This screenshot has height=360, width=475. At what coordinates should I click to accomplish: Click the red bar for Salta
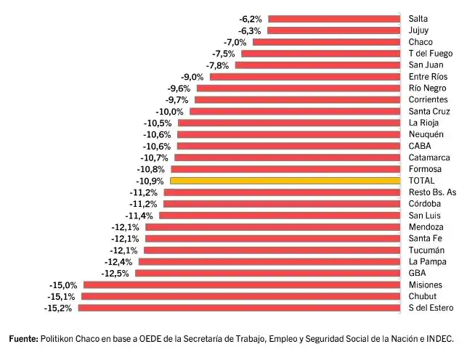pos(334,19)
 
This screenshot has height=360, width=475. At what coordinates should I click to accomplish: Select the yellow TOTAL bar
pos(285,181)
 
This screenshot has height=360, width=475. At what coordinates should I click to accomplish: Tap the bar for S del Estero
pos(239,308)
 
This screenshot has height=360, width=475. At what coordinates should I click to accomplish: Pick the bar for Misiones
pos(242,285)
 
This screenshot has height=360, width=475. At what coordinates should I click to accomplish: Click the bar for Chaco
pos(326,42)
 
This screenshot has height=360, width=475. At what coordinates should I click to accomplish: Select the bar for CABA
pos(289,146)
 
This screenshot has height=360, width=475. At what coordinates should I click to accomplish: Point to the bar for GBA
pos(267,273)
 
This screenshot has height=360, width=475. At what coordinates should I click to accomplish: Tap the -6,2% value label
pos(251,19)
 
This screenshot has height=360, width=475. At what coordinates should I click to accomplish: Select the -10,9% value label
pos(150,181)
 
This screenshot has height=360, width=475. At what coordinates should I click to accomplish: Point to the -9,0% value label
pos(192,77)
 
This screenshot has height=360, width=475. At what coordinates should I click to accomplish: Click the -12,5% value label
pos(116,273)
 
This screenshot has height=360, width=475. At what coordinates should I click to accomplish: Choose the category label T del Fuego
pos(430,54)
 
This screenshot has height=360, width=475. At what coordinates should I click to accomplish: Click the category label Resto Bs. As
pos(432,192)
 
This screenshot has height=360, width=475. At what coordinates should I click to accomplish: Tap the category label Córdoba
pos(425,204)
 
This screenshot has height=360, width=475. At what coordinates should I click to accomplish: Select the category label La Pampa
pos(427,261)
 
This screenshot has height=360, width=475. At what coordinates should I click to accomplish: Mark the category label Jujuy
pos(418,30)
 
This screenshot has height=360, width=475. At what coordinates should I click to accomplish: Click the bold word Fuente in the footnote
pos(23,339)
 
